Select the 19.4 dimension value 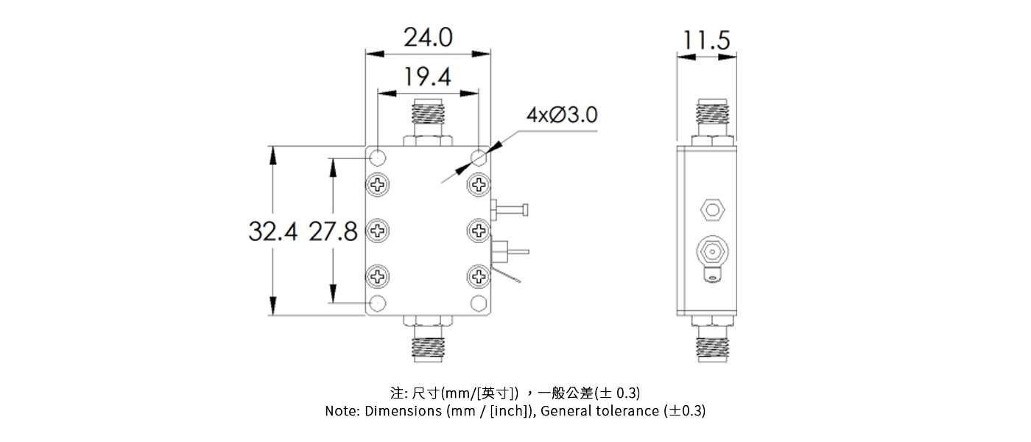[427, 76]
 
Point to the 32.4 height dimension [272, 232]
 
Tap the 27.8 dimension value [333, 232]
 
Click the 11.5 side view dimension [705, 41]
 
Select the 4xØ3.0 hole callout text [561, 116]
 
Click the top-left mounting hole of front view [378, 158]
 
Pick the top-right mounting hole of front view [479, 158]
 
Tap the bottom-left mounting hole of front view [378, 302]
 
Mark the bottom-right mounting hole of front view [479, 302]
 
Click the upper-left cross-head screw [378, 183]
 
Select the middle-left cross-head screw [378, 231]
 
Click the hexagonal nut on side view [712, 210]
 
